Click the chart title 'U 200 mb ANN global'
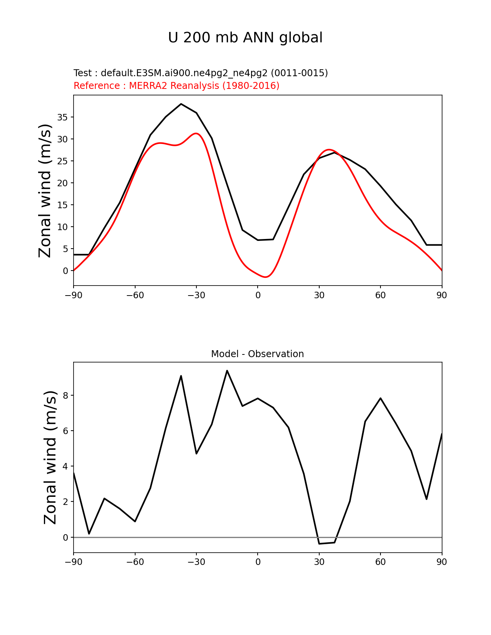tap(245, 38)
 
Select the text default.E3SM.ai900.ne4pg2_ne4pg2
tap(184, 73)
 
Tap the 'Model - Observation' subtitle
tap(257, 354)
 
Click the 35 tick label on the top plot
tap(62, 117)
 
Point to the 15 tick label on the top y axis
tap(62, 205)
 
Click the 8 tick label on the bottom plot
tap(65, 396)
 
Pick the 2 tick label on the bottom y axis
tap(65, 502)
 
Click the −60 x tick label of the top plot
tap(135, 295)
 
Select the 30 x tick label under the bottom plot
tap(319, 562)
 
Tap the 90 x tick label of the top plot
tap(442, 295)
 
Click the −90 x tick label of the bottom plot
tap(74, 562)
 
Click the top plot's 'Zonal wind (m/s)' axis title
tap(45, 190)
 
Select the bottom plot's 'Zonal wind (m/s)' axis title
tap(50, 457)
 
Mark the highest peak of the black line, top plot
tap(181, 104)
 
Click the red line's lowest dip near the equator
tap(266, 277)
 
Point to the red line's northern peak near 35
tap(329, 150)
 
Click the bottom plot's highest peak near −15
tap(227, 371)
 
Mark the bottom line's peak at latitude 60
tap(380, 398)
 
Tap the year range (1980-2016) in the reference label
tap(251, 86)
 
